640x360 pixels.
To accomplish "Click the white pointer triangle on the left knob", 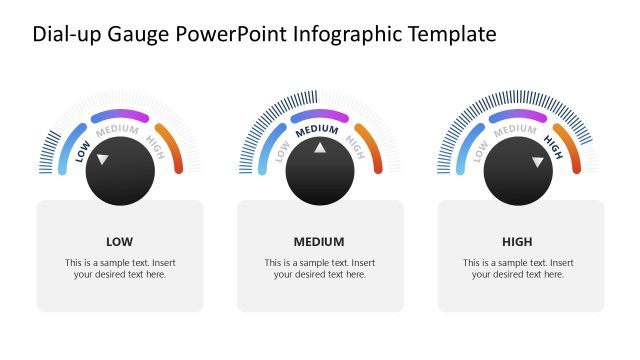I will click(103, 159).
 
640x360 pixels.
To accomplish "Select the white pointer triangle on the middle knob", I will click(320, 148).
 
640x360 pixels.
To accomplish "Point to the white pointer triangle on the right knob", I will click(537, 160).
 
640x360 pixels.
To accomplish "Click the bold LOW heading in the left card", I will click(119, 241).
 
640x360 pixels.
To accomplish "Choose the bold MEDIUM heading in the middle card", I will click(319, 241).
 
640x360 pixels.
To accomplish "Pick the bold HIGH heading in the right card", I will click(518, 241).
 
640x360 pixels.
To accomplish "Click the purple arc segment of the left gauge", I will click(120, 115).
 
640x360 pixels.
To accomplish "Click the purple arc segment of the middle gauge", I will click(320, 115).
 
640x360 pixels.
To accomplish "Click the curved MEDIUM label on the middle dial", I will click(319, 130).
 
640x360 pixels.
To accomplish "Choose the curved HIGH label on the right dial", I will click(553, 148).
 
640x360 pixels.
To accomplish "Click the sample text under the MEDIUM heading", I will click(319, 268).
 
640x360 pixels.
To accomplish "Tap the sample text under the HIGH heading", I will click(518, 268).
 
